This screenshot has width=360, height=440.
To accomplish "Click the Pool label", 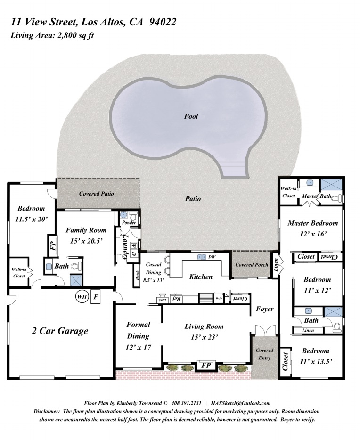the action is pyautogui.click(x=191, y=116).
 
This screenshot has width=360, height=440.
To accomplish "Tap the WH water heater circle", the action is pyautogui.click(x=82, y=297).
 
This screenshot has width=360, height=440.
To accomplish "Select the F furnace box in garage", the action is pyautogui.click(x=96, y=297).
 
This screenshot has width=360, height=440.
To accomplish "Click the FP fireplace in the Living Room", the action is pyautogui.click(x=206, y=366).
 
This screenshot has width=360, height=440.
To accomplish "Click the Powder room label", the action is pyautogui.click(x=129, y=222).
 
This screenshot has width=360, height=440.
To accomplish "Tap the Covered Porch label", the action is pyautogui.click(x=252, y=265).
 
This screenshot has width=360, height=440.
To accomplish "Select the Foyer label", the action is pyautogui.click(x=264, y=309).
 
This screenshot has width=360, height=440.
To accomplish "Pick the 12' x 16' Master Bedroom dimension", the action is pyautogui.click(x=312, y=234).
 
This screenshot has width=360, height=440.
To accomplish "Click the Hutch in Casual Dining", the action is pyautogui.click(x=137, y=276).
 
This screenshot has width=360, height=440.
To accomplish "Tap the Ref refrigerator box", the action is pyautogui.click(x=176, y=299).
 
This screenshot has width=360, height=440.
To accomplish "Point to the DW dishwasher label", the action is pyautogui.click(x=212, y=257).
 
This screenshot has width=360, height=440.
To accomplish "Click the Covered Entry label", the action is pyautogui.click(x=264, y=354).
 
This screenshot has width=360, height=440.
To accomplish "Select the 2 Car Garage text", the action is pyautogui.click(x=60, y=331).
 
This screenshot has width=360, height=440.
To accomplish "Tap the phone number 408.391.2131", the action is pyautogui.click(x=186, y=403).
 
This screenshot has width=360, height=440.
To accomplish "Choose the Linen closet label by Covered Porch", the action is pyautogui.click(x=275, y=265).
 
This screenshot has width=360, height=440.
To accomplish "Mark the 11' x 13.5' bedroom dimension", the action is pyautogui.click(x=316, y=361).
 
